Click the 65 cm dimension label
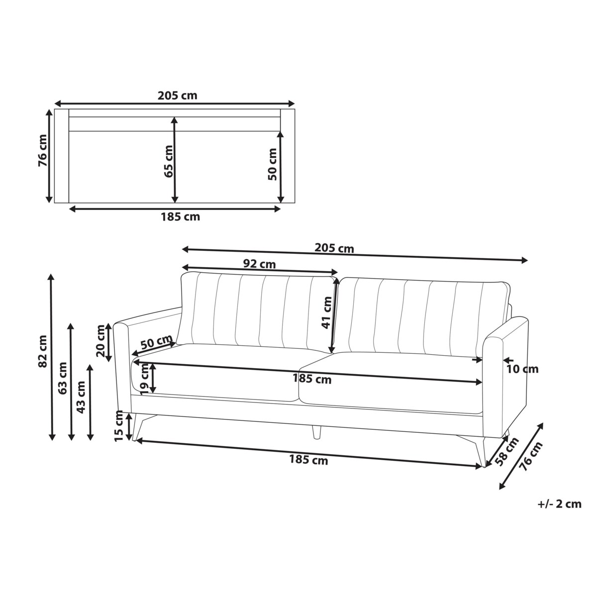(169, 161)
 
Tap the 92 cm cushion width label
(259, 264)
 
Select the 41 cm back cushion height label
(326, 312)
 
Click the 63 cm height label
(62, 378)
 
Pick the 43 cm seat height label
(81, 397)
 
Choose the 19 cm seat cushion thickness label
(145, 380)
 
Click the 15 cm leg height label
(119, 426)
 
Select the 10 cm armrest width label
(523, 369)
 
